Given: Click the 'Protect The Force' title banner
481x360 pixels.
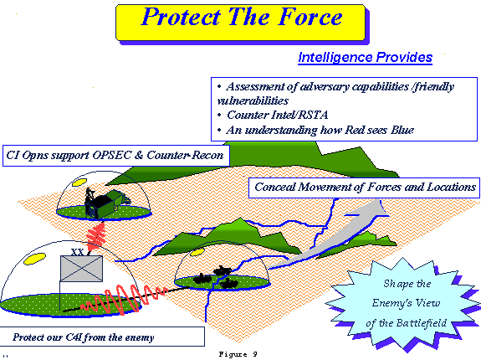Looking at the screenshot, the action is pyautogui.click(x=241, y=23).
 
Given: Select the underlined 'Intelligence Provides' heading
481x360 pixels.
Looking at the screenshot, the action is pyautogui.click(x=365, y=58).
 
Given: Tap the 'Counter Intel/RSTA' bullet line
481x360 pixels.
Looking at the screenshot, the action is pyautogui.click(x=277, y=115).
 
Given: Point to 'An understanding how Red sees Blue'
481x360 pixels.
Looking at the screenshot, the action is pyautogui.click(x=320, y=130).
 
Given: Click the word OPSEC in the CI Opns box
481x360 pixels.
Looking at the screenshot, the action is pyautogui.click(x=111, y=155).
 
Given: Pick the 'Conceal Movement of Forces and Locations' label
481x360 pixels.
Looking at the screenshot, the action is pyautogui.click(x=365, y=188).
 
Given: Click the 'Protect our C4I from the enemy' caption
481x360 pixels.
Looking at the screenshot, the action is pyautogui.click(x=83, y=337).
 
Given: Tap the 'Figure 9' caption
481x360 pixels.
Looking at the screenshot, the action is pyautogui.click(x=238, y=354).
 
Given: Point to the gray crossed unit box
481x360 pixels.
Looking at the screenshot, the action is pyautogui.click(x=81, y=269).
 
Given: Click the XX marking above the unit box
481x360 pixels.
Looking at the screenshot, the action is pyautogui.click(x=77, y=252).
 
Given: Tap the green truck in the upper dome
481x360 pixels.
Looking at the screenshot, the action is pyautogui.click(x=107, y=203).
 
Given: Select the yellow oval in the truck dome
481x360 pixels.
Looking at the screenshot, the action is pyautogui.click(x=79, y=183).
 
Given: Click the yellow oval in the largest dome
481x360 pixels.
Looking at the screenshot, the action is pyautogui.click(x=34, y=259).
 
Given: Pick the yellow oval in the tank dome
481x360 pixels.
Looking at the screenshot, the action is pyautogui.click(x=197, y=252).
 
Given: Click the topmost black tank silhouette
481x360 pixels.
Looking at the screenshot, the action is pyautogui.click(x=222, y=270).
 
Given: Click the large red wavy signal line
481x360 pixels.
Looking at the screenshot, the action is pyautogui.click(x=123, y=299).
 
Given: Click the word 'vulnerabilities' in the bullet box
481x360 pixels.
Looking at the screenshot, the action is pyautogui.click(x=253, y=101).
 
